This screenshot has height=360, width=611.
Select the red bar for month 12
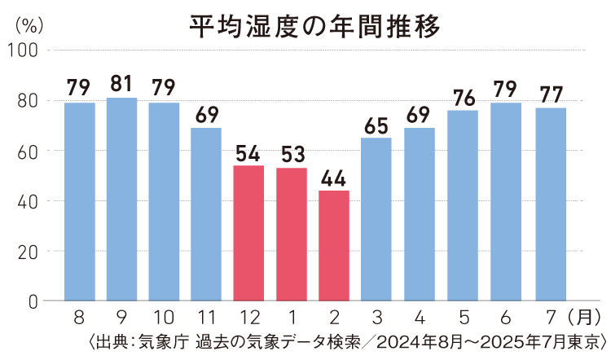(248, 233)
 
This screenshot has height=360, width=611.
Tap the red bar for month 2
(334, 245)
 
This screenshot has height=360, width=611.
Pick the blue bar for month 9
(121, 199)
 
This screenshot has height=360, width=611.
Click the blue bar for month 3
(376, 219)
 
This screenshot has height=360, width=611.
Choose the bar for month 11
(206, 214)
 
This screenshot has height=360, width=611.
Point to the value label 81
(121, 84)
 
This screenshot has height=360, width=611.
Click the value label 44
(334, 177)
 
